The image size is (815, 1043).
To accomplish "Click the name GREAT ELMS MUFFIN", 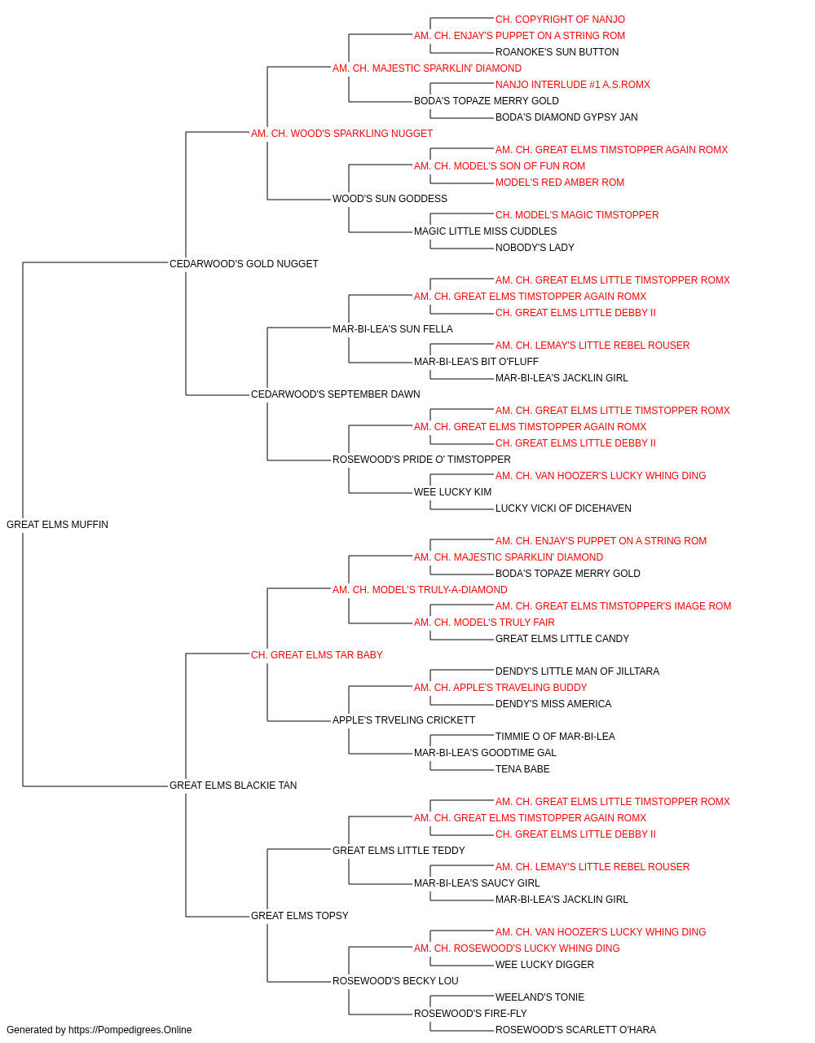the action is point(57,525).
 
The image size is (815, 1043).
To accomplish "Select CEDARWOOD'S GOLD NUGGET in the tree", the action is point(244,264).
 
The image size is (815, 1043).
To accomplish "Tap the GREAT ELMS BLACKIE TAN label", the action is point(233,786).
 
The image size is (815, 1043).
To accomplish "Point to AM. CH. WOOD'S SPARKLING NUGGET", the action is point(341,134).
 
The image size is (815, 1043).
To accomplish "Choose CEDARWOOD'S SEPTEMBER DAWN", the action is point(336,394).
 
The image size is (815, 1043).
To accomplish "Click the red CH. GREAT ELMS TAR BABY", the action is point(317,655).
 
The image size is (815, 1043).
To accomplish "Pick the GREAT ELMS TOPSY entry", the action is point(299,916).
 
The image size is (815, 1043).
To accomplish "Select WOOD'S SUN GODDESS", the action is point(390,199).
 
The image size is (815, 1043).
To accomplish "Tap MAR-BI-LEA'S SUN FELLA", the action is point(393,329).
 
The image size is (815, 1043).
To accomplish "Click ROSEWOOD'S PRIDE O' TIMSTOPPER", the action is point(421,460).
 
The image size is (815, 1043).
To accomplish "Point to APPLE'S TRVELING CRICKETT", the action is point(403,720).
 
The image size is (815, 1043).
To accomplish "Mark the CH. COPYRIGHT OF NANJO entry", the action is point(560,20).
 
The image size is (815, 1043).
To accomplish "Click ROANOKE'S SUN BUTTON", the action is point(557,52).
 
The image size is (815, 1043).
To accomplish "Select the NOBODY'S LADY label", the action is point(535,248).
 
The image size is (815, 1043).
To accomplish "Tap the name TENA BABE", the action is point(522,769).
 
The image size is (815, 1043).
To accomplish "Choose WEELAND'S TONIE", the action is point(540,997).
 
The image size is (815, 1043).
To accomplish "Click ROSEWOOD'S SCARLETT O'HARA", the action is point(575,1030).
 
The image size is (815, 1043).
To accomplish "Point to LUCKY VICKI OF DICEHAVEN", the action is point(563,508).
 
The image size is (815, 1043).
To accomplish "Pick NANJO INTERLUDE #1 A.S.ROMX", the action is point(573,85).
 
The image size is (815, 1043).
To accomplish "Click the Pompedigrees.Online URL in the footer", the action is point(130,1030).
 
